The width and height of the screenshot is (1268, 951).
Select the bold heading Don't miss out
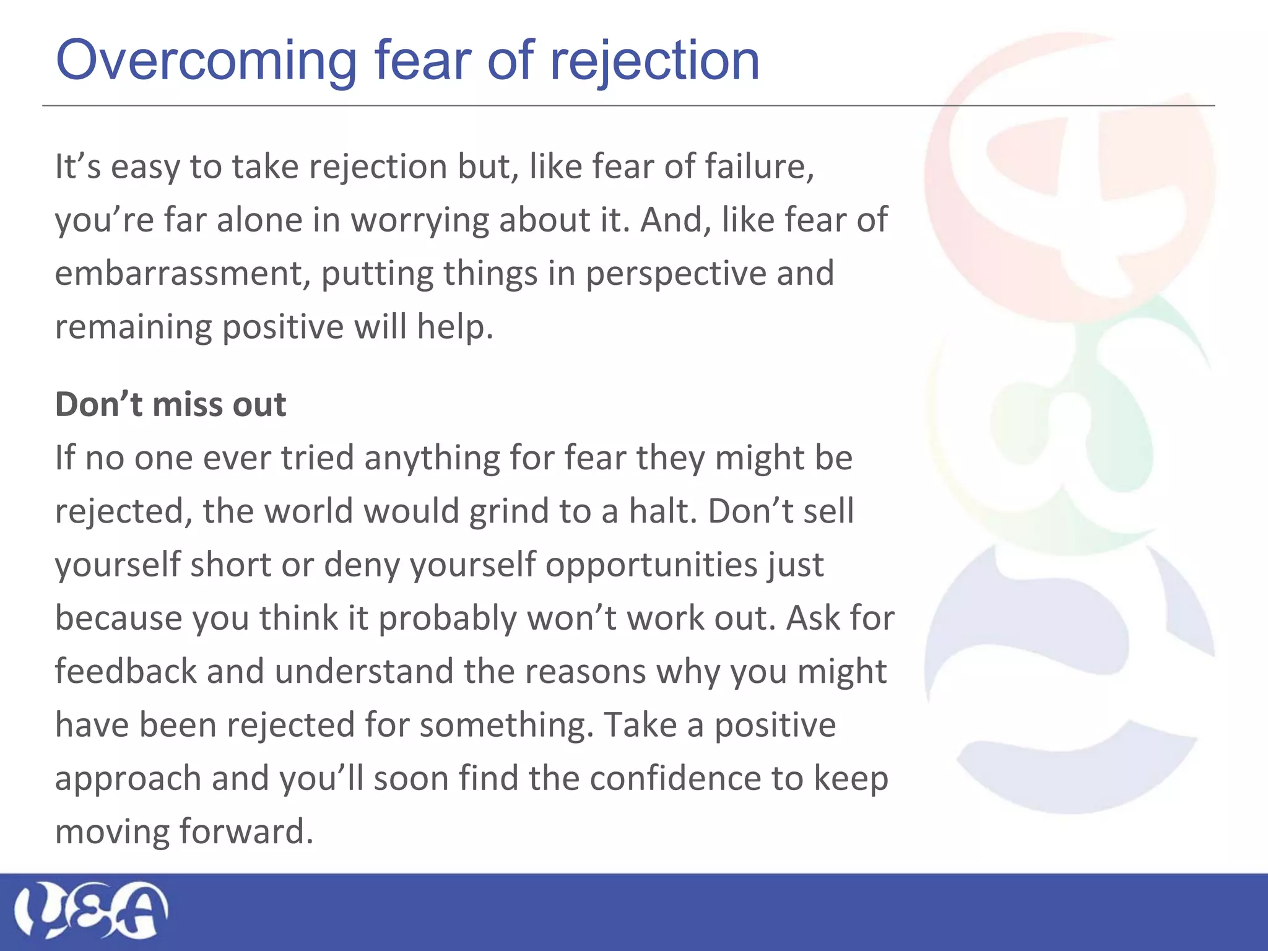[170, 404]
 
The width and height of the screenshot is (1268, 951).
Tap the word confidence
[675, 778]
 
